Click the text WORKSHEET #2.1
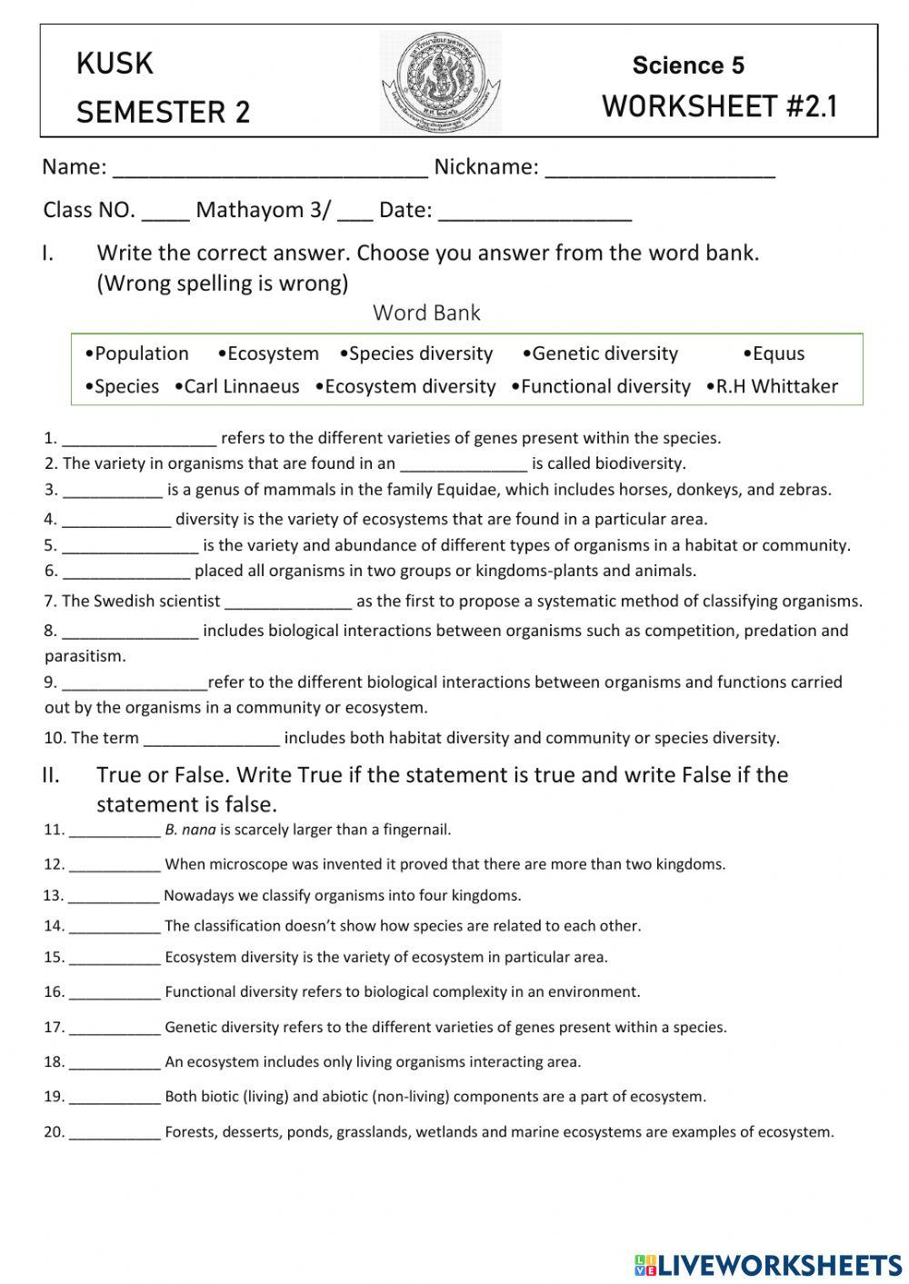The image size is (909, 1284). pos(719,107)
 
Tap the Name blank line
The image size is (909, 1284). pos(270,169)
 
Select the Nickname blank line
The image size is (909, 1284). pos(659,169)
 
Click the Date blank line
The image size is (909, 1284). pos(534,212)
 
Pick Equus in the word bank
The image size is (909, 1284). pos(777,353)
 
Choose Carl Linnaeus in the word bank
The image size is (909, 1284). pos(241,386)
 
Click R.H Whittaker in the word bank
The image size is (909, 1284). pos(776,386)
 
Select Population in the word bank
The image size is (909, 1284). pos(141,353)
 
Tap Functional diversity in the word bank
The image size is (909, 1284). pos(605,386)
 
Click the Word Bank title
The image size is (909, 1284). pos(426,313)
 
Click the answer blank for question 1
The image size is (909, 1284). pos(139,440)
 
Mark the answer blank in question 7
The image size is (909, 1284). pos(287,602)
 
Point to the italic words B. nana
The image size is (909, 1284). pos(190,830)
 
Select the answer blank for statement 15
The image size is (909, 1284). pos(115,959)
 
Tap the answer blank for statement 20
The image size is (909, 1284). pos(115,1134)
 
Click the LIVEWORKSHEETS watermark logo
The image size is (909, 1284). pos(768,1264)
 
